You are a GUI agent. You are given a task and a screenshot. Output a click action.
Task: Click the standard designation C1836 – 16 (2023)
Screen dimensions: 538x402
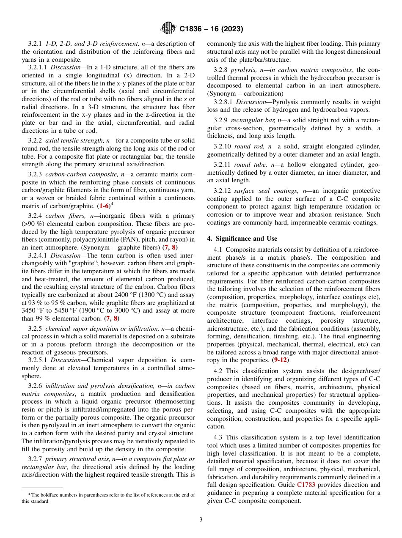point(211,29)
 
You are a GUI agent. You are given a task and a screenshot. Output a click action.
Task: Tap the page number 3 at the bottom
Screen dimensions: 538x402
point(201,520)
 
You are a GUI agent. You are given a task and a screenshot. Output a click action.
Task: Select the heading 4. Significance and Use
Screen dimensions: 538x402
point(242,239)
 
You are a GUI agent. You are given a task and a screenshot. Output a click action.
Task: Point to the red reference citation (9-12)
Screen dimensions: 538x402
point(280,360)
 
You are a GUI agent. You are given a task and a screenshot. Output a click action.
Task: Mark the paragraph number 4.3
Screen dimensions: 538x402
point(219,437)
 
